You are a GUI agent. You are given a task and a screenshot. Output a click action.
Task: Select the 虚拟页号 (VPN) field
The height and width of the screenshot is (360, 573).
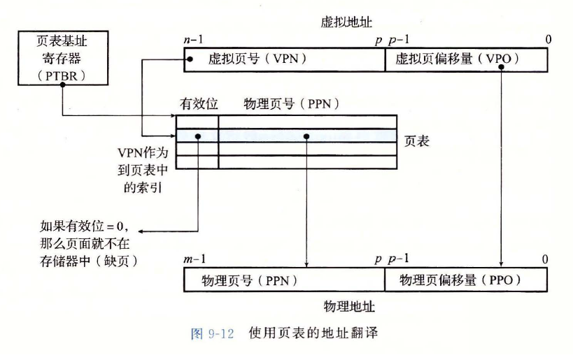point(284,60)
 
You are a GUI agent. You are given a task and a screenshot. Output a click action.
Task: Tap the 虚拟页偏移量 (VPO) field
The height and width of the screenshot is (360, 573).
point(466,60)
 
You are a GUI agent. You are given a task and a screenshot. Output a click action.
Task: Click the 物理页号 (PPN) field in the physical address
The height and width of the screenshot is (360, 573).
point(284,280)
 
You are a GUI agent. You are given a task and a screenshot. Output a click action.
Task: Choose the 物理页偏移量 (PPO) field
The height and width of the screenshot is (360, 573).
point(466,280)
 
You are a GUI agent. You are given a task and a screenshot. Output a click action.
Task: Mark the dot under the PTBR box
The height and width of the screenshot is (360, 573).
point(63,85)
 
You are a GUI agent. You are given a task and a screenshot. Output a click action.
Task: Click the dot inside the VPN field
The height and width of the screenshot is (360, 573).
point(190,60)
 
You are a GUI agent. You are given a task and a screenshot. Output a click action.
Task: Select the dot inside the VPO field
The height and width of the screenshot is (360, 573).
point(503,60)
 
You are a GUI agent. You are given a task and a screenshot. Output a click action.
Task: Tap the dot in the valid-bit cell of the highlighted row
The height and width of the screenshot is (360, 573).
point(199,136)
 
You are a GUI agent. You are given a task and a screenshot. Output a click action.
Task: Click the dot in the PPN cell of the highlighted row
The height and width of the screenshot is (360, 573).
point(308,136)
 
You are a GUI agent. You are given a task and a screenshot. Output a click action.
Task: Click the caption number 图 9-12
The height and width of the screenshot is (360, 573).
point(213,333)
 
